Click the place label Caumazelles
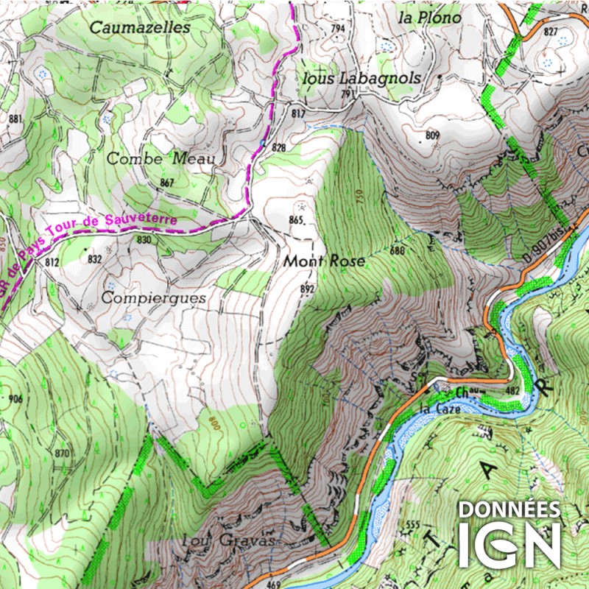(140, 27)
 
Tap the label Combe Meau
(161, 158)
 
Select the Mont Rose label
(325, 261)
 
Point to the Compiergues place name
(154, 298)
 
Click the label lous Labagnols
(361, 78)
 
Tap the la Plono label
(429, 17)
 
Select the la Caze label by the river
(434, 408)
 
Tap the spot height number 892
(307, 289)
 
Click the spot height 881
(15, 119)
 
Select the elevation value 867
(166, 183)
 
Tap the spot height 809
(431, 135)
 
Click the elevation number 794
(338, 29)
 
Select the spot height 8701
(63, 453)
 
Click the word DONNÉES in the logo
(509, 509)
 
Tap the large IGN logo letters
(509, 545)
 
